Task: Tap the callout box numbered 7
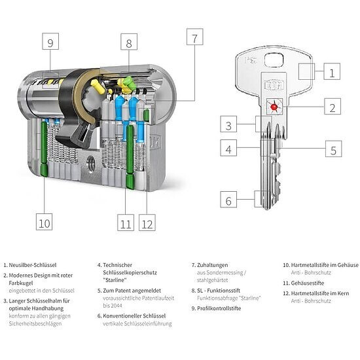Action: (x=193, y=37)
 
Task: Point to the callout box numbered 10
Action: (x=44, y=223)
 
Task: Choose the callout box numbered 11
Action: (x=126, y=223)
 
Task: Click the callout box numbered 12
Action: (x=147, y=223)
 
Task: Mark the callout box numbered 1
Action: (x=332, y=72)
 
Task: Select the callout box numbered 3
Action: (x=228, y=124)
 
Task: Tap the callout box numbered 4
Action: (x=228, y=149)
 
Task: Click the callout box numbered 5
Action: (x=332, y=149)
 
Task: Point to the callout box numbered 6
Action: (x=228, y=200)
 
